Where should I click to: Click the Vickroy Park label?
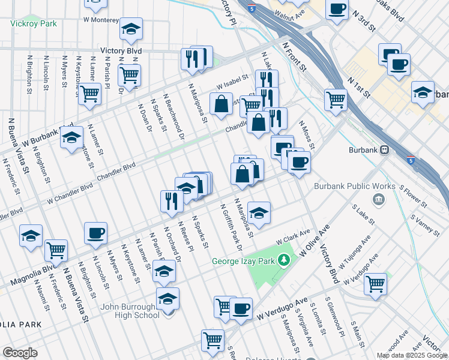tap(33, 23)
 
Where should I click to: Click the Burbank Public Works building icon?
tap(379, 199)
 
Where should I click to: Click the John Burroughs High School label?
tap(130, 311)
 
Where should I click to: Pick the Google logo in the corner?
tap(20, 353)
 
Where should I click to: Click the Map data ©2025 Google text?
tap(412, 355)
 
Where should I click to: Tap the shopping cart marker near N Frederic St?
tap(55, 249)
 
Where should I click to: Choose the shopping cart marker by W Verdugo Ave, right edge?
tap(376, 283)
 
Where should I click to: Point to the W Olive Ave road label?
tap(315, 239)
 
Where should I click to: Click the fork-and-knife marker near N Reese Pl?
tap(172, 200)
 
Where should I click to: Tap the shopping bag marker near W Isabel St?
tap(221, 103)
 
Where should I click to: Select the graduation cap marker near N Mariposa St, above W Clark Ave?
tap(259, 212)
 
